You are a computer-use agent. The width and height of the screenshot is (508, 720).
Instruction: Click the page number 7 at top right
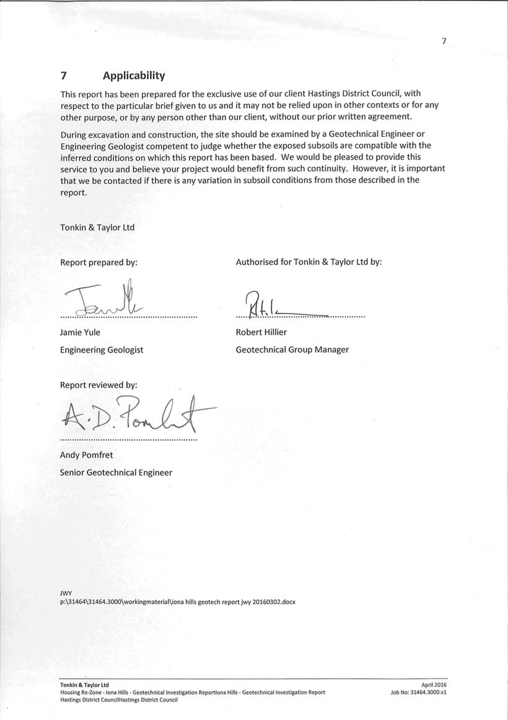(444, 42)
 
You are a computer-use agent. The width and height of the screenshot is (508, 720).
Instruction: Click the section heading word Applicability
(134, 76)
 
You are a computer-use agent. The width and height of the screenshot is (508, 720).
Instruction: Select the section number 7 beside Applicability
(63, 76)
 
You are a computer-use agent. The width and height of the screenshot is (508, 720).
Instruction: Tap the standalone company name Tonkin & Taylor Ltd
(97, 227)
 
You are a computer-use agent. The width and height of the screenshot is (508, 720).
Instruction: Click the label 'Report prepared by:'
(99, 262)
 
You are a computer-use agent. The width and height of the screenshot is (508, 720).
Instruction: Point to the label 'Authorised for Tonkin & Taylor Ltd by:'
(309, 262)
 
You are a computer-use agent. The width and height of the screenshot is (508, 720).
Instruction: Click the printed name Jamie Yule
(80, 332)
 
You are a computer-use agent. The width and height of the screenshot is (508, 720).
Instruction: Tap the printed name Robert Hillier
(261, 332)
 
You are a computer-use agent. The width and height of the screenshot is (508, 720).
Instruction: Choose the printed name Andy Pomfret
(86, 455)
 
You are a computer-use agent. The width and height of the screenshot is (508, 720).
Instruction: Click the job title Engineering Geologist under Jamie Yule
(102, 349)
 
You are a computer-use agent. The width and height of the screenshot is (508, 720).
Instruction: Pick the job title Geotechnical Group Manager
(292, 349)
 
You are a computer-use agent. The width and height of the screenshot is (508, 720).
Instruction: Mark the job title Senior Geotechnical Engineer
(116, 472)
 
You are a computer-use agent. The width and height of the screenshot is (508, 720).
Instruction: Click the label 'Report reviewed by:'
(99, 385)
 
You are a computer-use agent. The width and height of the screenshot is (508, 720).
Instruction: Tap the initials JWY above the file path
(66, 593)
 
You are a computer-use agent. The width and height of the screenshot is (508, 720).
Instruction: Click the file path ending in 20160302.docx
(177, 602)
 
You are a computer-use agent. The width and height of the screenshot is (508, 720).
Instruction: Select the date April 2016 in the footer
(433, 685)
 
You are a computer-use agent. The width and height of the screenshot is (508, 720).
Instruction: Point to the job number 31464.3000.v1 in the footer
(418, 692)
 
